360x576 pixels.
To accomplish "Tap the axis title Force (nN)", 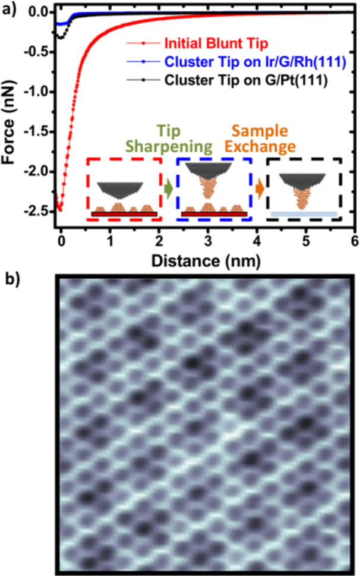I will point(10,113).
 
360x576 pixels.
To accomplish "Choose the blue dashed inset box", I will point(215,189).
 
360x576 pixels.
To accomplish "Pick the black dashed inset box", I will point(304,189).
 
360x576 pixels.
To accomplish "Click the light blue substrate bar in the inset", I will point(304,213).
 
